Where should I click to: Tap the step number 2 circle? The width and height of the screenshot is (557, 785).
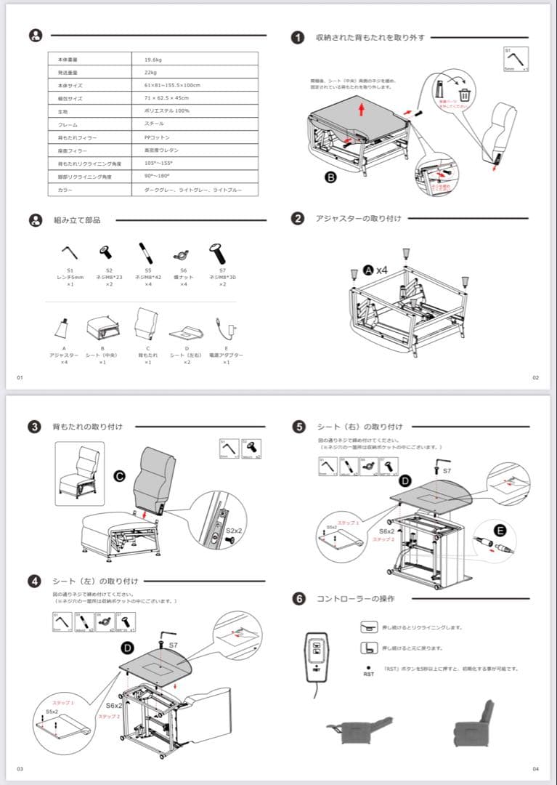[297, 218]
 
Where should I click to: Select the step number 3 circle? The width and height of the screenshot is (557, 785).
[34, 427]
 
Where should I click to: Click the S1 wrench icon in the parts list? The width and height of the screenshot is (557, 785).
[70, 252]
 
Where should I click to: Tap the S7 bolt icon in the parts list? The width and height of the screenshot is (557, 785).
[217, 254]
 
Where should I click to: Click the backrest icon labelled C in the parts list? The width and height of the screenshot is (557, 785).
[147, 323]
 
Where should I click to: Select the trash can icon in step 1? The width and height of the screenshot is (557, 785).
[464, 94]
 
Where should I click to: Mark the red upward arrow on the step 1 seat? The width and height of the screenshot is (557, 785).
[362, 110]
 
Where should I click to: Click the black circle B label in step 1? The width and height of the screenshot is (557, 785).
[330, 177]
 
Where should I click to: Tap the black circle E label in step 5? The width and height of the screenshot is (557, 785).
[500, 531]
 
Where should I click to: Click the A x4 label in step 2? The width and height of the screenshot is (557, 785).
[375, 270]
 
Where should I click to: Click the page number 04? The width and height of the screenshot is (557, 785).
[535, 768]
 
